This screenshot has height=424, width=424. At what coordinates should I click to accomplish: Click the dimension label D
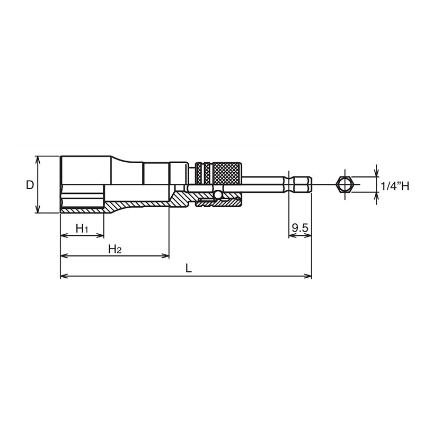coord(30,185)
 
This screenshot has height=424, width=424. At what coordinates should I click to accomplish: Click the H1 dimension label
coord(82,228)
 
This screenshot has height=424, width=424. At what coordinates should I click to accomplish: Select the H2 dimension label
coord(115,249)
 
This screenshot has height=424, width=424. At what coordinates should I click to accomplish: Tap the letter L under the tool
coord(188,268)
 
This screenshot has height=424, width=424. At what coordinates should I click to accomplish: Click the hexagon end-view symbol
coord(344,184)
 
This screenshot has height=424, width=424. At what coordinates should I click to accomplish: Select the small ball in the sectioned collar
coord(217,196)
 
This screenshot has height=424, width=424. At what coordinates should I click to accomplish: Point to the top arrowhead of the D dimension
coord(38,159)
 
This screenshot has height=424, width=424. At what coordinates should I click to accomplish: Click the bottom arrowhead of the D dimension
coord(38,210)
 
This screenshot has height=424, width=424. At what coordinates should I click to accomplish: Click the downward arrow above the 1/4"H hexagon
coord(376,173)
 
